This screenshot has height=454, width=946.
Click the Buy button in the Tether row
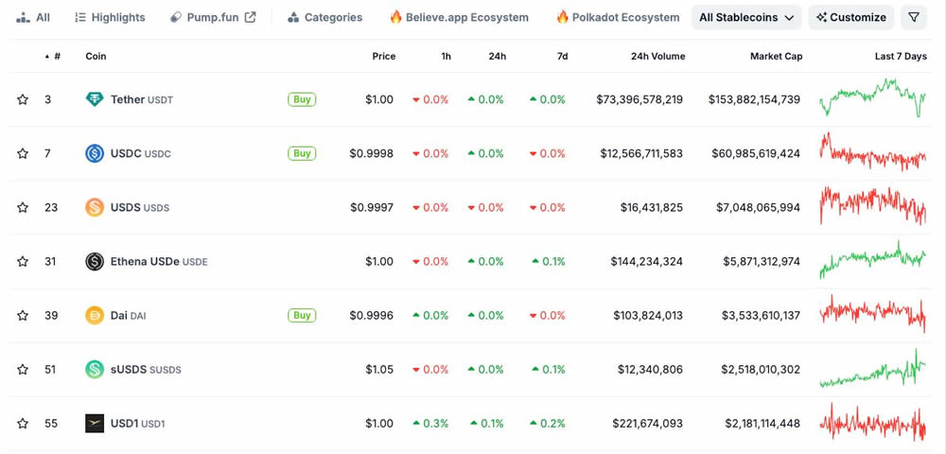(302, 99)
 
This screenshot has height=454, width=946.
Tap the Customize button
(850, 17)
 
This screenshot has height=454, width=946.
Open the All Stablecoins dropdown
(746, 17)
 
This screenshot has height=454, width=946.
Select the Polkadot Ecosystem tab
(617, 17)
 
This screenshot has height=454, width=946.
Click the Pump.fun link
(213, 17)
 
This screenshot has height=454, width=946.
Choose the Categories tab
(324, 17)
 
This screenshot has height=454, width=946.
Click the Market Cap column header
(776, 56)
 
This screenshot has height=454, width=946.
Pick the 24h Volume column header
(657, 56)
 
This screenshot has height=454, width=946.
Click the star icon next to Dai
(23, 315)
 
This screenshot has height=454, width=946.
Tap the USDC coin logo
(95, 153)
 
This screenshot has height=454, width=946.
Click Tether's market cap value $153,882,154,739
(754, 99)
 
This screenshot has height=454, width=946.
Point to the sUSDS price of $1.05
(379, 369)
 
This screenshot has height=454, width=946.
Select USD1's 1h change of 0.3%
(430, 423)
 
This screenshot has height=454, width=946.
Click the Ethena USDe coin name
(145, 261)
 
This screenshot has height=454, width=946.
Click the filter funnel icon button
(914, 17)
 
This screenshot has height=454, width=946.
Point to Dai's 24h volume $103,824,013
(640, 315)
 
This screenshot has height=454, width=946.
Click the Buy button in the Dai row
(302, 315)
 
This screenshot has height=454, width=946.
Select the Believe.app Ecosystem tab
(459, 17)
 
